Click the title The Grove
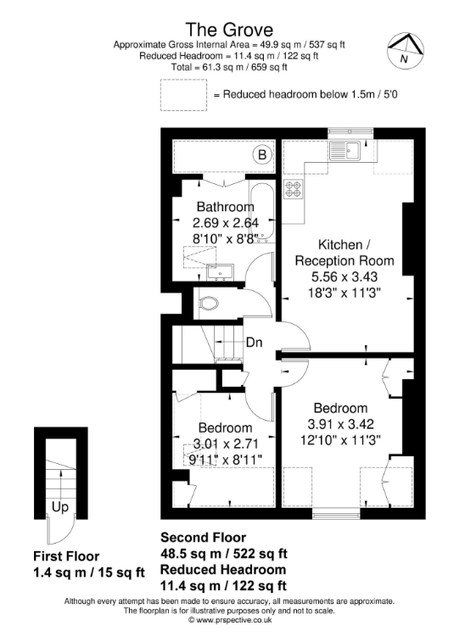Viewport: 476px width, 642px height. [x=229, y=30]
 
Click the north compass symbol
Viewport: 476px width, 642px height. [x=406, y=51]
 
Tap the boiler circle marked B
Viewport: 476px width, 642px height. [x=262, y=154]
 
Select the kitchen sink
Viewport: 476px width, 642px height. [x=344, y=151]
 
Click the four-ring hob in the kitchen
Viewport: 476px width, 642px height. [x=294, y=189]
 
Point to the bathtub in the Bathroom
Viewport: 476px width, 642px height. [x=261, y=212]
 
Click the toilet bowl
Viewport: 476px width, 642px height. [x=210, y=304]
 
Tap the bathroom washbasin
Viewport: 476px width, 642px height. [x=221, y=272]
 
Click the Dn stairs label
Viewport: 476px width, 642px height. [x=254, y=343]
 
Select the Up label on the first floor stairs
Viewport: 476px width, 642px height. [x=59, y=508]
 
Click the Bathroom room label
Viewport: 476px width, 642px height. [x=226, y=206]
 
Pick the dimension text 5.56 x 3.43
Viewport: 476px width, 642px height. [x=344, y=276]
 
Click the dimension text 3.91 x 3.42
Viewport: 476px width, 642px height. [x=341, y=424]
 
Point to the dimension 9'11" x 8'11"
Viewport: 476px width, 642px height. [x=225, y=460]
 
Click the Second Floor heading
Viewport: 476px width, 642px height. [x=203, y=537]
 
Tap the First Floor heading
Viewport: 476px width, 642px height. [x=66, y=556]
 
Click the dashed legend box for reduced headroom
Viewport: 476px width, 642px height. [x=183, y=95]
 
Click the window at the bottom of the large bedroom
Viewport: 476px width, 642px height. [x=336, y=513]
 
